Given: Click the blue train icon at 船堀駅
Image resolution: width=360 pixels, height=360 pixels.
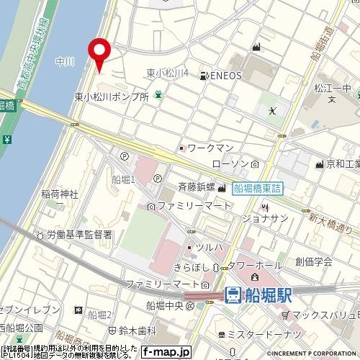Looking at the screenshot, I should [x=233, y=294].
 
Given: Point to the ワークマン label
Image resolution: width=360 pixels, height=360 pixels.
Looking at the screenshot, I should [x=210, y=148].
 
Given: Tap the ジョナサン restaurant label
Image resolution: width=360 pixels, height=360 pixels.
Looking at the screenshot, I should [x=264, y=217].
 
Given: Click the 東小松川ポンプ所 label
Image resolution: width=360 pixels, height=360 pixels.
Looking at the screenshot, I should [x=112, y=96].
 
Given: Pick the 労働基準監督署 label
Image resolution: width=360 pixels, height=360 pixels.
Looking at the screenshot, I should [x=80, y=234].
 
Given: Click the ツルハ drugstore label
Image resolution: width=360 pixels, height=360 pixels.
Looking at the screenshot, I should [x=210, y=248].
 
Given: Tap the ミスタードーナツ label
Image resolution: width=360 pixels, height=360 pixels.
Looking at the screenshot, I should [x=258, y=336].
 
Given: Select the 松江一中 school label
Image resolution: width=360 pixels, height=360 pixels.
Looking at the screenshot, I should [x=333, y=88].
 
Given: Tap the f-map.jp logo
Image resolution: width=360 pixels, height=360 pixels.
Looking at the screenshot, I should [x=166, y=352].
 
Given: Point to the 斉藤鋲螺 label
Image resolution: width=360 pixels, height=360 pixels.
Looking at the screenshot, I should [x=196, y=187].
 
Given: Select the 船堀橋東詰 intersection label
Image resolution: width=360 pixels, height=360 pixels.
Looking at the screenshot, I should [x=259, y=188].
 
